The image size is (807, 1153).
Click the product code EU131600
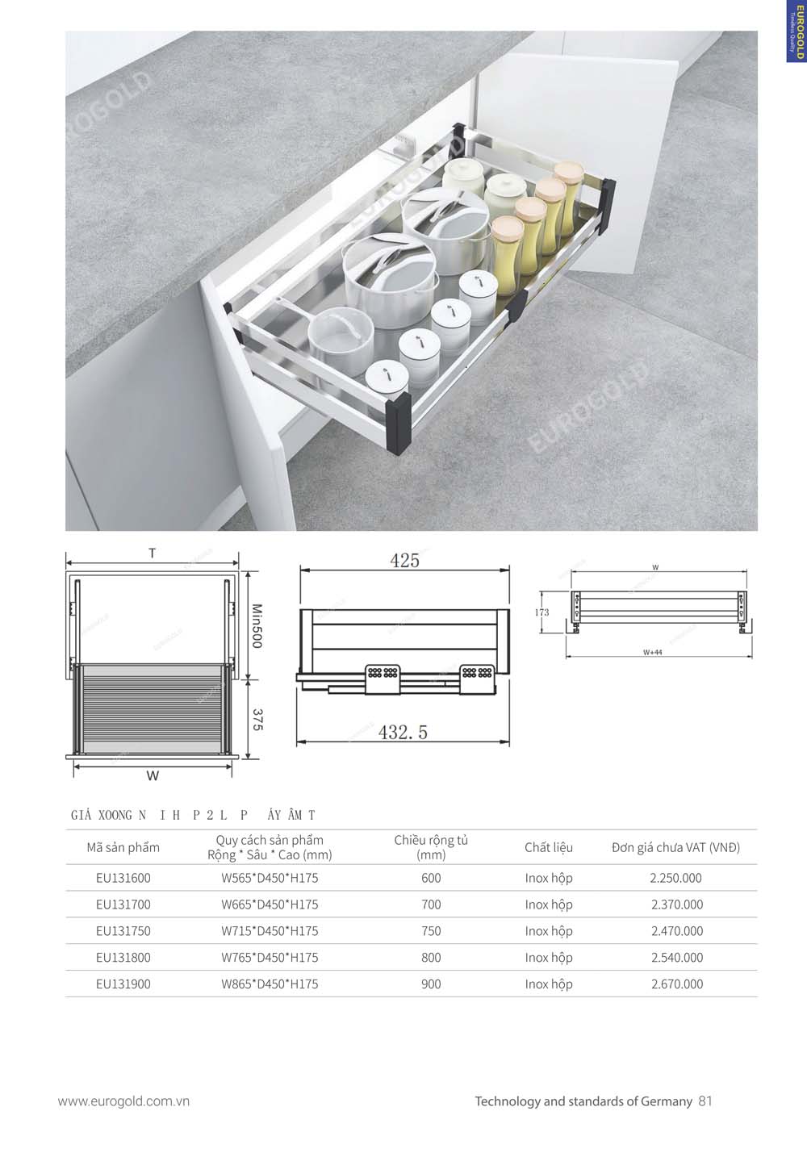(x=123, y=878)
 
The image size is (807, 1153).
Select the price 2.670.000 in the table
(x=676, y=984)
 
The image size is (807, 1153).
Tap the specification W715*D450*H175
(x=270, y=930)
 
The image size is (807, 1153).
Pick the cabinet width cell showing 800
(x=431, y=957)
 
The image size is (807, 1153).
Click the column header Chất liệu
(x=548, y=847)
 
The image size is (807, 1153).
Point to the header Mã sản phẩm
(x=123, y=847)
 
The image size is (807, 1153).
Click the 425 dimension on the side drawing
(x=404, y=561)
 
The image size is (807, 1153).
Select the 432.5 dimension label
(x=403, y=733)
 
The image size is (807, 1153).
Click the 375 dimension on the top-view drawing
(x=257, y=721)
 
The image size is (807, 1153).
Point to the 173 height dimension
(x=541, y=612)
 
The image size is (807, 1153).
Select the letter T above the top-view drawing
(x=152, y=554)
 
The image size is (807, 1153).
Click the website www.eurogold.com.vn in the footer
(x=123, y=1101)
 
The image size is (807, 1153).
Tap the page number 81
(x=705, y=1101)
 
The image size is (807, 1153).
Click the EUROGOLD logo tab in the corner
(x=796, y=31)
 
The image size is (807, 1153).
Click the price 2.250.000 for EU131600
(x=676, y=878)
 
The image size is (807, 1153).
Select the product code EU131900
(x=123, y=984)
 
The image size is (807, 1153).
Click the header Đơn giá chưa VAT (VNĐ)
(x=675, y=847)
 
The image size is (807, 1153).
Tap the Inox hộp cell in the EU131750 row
(x=548, y=930)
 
